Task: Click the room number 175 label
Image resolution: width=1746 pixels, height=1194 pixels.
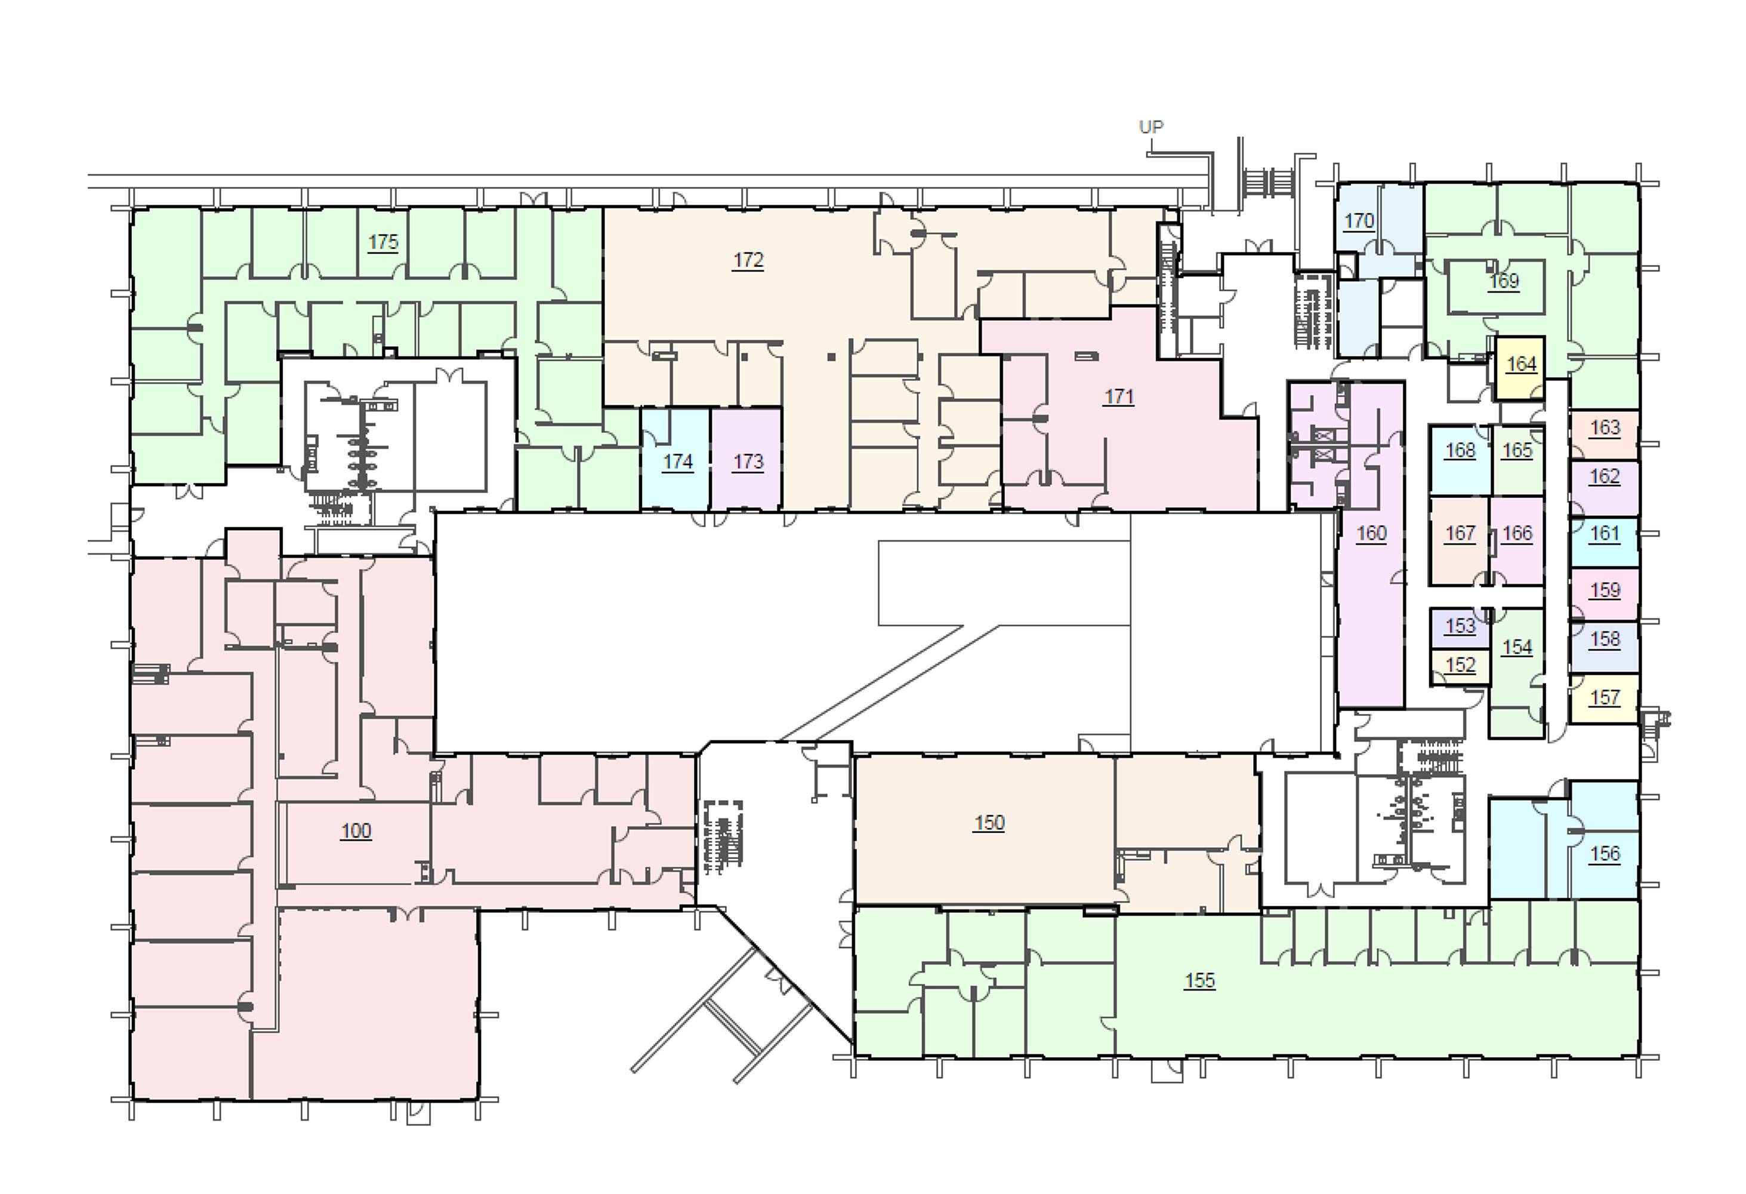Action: point(382,242)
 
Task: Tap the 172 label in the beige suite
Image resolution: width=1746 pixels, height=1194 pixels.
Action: point(748,260)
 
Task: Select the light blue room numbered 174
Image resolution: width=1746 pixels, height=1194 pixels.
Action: point(675,460)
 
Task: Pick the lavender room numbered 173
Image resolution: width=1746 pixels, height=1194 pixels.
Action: point(746,460)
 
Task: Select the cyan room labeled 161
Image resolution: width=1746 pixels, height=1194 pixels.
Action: point(1605,541)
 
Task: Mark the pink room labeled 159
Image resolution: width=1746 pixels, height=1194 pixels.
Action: point(1605,593)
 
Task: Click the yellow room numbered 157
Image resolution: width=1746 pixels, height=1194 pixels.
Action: point(1605,699)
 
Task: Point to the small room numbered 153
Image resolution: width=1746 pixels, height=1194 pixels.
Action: point(1460,628)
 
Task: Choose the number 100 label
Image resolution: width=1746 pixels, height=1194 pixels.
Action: point(356,830)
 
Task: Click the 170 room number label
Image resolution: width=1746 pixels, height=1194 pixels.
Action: point(1358,221)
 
